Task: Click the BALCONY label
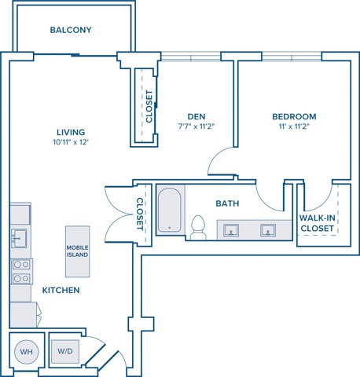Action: (x=71, y=30)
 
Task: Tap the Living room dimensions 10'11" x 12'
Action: (x=71, y=142)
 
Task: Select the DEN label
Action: (x=197, y=116)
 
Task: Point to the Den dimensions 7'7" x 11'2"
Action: (x=197, y=126)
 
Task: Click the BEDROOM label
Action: (x=294, y=116)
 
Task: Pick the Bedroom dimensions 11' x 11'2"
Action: (x=294, y=126)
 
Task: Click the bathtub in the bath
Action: (x=170, y=210)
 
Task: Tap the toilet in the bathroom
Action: (x=198, y=227)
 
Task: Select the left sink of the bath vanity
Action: (x=231, y=230)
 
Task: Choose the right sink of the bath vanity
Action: (x=268, y=230)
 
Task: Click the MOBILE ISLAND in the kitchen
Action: (x=77, y=251)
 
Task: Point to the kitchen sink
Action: (x=19, y=238)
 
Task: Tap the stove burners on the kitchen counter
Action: (x=21, y=271)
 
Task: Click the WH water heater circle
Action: (x=27, y=352)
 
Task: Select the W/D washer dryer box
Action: (x=65, y=351)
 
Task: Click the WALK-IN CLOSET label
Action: (x=318, y=223)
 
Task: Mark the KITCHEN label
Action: (x=61, y=290)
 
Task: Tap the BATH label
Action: (x=227, y=203)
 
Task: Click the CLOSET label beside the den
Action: (x=149, y=106)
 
